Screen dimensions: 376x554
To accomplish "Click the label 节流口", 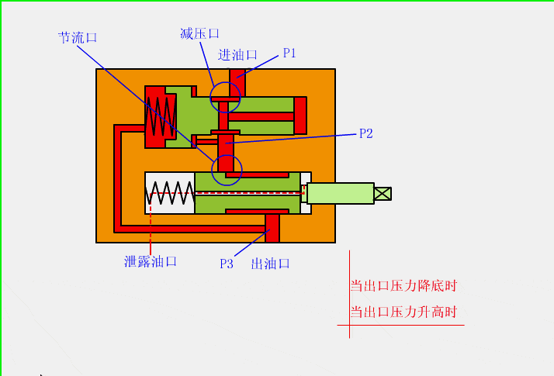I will point(78,37).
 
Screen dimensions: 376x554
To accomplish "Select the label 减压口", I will point(199,33).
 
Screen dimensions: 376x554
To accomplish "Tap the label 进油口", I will point(238,55).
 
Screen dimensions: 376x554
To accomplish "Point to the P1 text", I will point(289,53).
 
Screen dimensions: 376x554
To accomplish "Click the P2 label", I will point(366,133).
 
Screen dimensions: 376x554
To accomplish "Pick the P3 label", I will point(227,264).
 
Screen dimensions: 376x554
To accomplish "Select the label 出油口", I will point(271,264).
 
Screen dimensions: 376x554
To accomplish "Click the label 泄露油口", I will point(151,261).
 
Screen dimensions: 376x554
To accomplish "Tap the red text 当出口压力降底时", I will point(403,285).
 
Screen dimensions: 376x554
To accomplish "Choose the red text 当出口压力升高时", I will point(403,312).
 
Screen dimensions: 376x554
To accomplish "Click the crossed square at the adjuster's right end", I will point(383,193).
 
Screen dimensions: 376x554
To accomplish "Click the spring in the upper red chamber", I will point(159,116).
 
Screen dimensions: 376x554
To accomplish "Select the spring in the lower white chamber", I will point(170,193).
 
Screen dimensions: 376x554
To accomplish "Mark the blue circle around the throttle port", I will point(227,169).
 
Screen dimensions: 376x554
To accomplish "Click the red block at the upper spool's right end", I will point(300,116).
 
